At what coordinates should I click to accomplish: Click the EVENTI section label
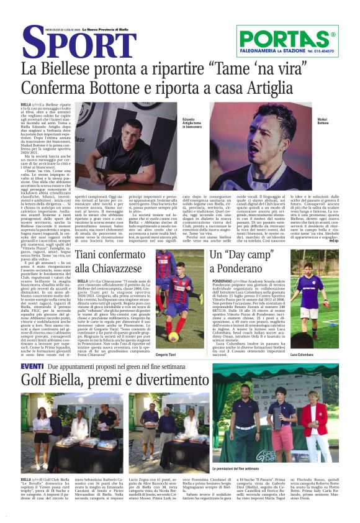(32, 366)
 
